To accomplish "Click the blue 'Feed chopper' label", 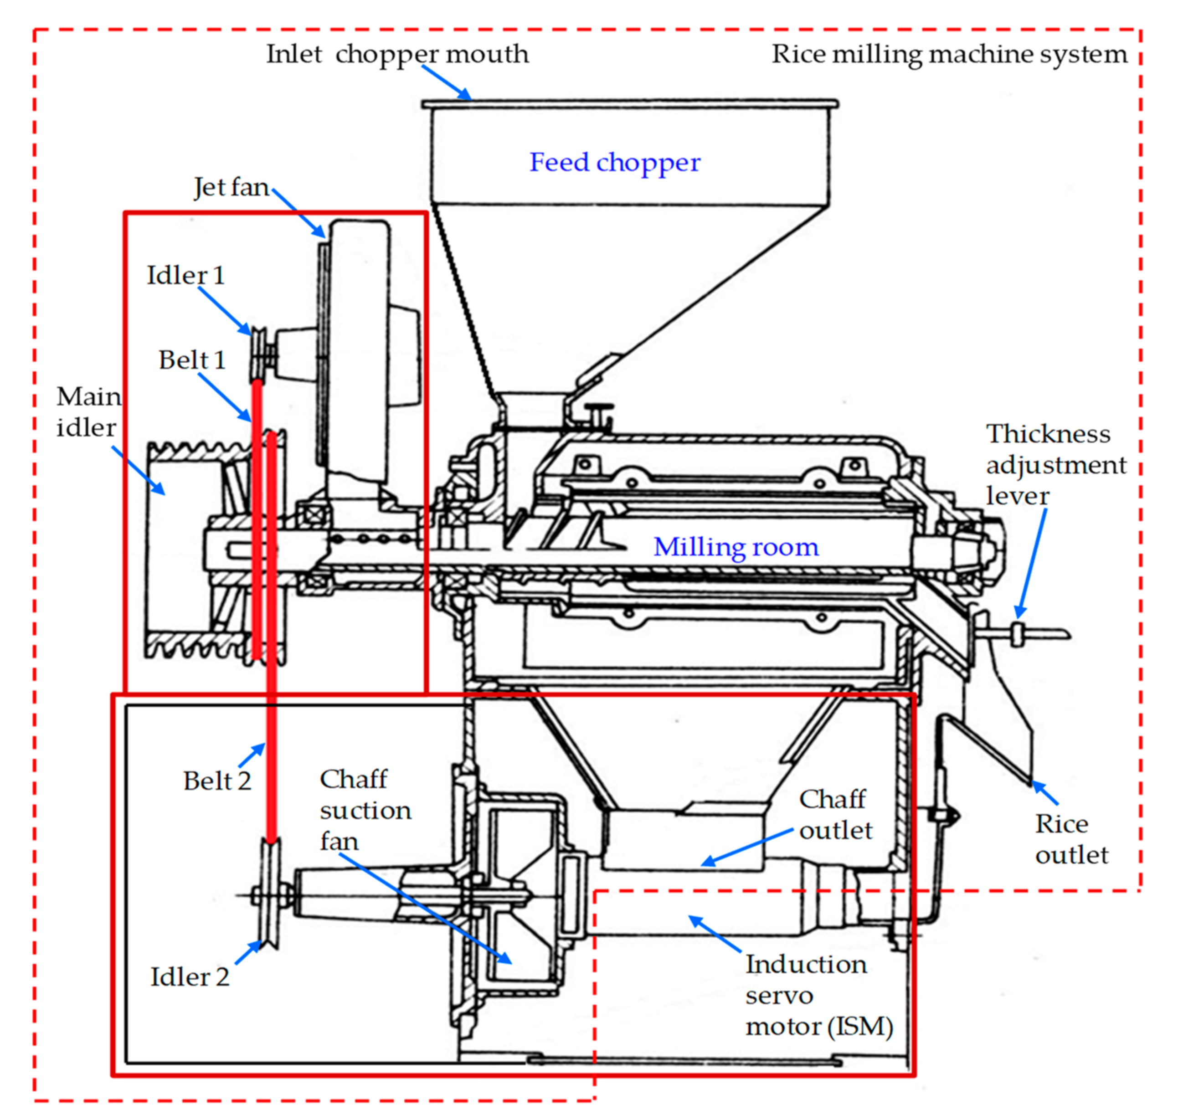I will coord(614,162).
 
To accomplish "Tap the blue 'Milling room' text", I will coord(736,547).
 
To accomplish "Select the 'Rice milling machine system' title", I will coord(949,54).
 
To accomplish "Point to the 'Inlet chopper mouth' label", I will coord(397,54).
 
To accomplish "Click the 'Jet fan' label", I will coord(231,187).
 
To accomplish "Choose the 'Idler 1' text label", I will coord(185,275).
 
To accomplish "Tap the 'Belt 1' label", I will coord(192,360).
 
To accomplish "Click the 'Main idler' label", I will coord(88,412).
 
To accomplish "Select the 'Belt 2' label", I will coord(217,781).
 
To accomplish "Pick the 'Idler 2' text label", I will coord(190,977).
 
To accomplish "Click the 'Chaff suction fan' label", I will coord(365,810).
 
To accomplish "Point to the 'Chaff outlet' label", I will coord(835,815).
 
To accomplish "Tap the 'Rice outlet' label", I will coord(1071,839).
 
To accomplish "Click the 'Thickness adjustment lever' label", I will coord(1055,465).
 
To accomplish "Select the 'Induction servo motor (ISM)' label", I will coord(818,995).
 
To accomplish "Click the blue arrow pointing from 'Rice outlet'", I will coord(1045,792).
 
